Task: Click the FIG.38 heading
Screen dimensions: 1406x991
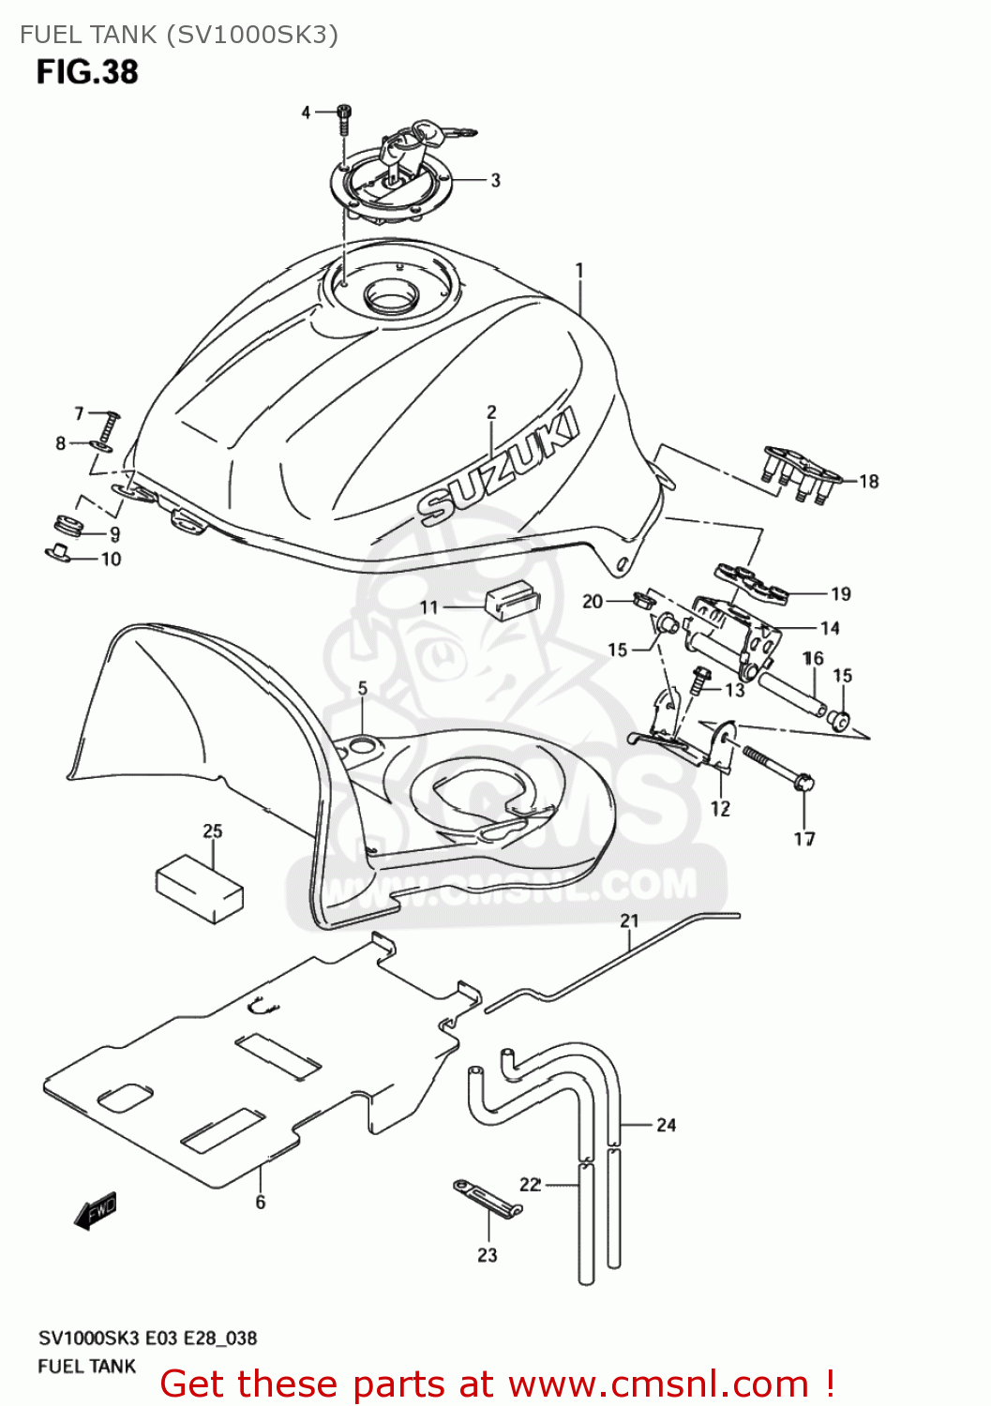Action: tap(87, 71)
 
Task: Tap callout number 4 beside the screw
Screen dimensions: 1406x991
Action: tap(306, 112)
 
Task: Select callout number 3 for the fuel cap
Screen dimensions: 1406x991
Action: tap(495, 180)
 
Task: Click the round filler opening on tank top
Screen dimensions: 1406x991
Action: tap(392, 297)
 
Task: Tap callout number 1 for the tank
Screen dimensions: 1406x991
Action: tap(579, 270)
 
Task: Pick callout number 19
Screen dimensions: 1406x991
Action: tap(840, 593)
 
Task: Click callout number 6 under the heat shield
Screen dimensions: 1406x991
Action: tap(260, 1202)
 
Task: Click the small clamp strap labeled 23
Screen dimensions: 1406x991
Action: tap(488, 1199)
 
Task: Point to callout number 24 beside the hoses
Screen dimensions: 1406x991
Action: tap(666, 1125)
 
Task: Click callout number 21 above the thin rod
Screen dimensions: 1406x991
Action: tap(629, 921)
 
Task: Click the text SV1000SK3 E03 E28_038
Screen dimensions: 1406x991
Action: tap(147, 1338)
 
